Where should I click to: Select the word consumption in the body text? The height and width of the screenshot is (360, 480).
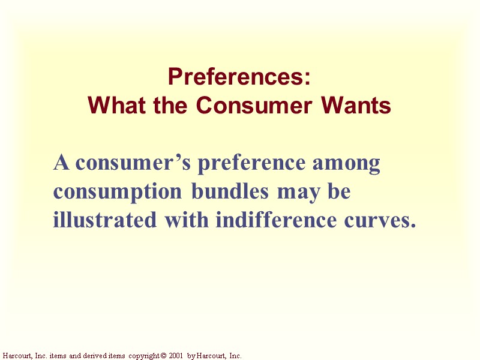click(118, 193)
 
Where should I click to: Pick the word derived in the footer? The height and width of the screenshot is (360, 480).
click(90, 356)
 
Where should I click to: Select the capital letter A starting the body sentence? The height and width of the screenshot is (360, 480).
click(60, 163)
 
